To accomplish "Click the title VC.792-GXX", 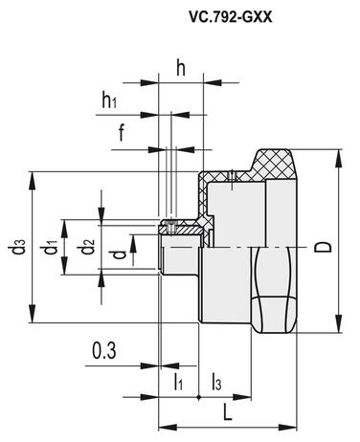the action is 231,17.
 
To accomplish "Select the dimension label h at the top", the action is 181,68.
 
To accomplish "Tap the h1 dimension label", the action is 109,99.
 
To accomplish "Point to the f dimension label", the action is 122,133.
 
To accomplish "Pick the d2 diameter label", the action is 87,248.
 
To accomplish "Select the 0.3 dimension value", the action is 104,351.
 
